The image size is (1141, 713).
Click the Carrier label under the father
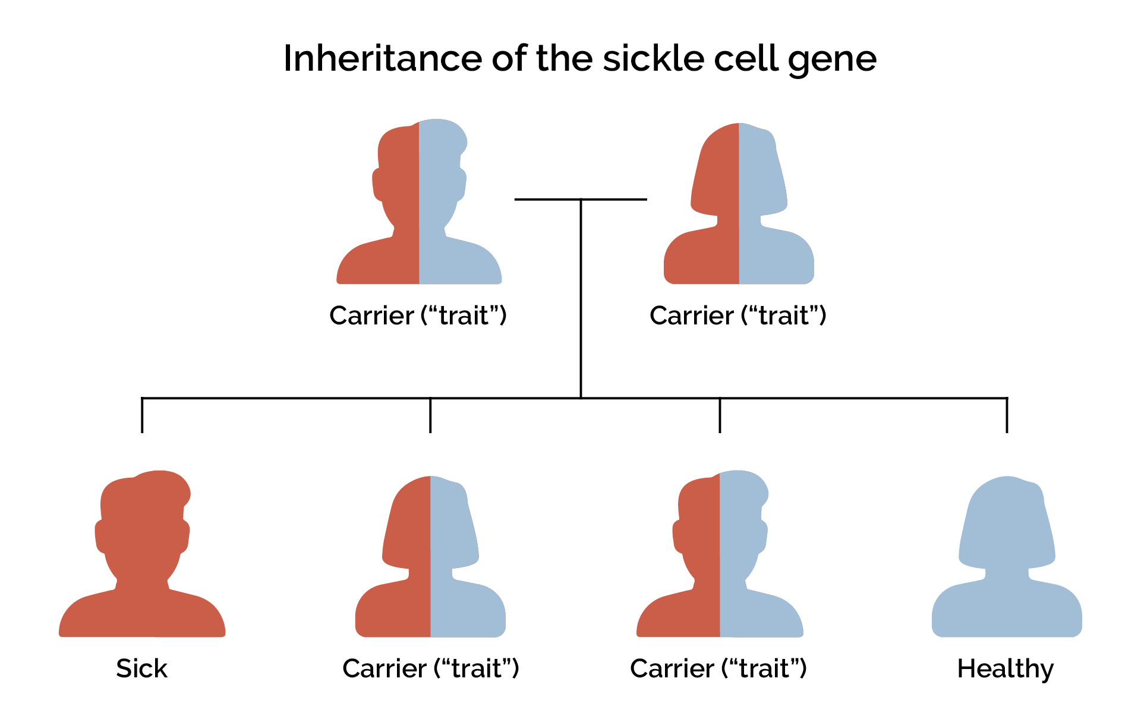[x=418, y=315]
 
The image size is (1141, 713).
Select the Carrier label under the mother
[x=737, y=315]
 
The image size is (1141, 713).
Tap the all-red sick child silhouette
[x=142, y=559]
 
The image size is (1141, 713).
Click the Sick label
[x=141, y=668]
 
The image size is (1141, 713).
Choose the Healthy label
[x=1005, y=669]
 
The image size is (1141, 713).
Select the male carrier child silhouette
[x=720, y=559]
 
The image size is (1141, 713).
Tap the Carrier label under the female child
[x=431, y=668]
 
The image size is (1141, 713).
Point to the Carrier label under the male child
[x=718, y=668]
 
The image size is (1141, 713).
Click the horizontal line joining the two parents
[x=547, y=199]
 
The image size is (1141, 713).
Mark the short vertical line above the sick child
[x=142, y=415]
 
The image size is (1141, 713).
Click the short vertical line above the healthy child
[x=1007, y=415]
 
